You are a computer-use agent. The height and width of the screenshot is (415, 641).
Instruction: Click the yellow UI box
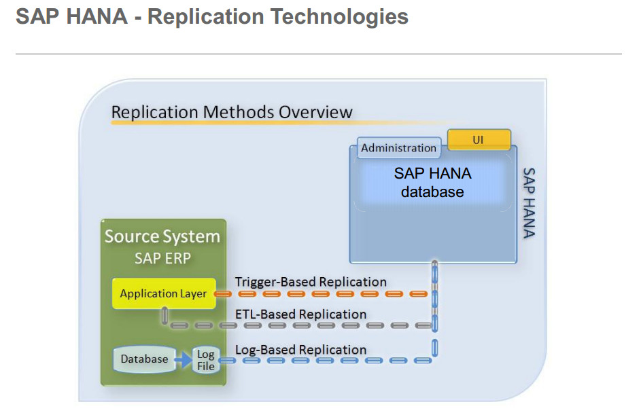tap(479, 140)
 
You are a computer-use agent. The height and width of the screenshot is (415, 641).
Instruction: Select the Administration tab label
tap(398, 148)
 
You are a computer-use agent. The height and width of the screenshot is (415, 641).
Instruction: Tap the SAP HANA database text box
tap(432, 183)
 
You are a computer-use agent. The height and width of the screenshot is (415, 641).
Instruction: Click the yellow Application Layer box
tap(163, 294)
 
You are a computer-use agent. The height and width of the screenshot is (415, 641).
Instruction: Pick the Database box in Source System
tap(144, 359)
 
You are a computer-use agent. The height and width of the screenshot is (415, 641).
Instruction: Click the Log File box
tap(205, 360)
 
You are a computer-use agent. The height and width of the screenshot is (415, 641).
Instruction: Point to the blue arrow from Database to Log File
tap(183, 359)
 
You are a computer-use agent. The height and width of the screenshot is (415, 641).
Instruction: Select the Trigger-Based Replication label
tap(311, 282)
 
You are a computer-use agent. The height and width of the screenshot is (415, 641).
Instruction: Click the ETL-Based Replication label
tap(300, 314)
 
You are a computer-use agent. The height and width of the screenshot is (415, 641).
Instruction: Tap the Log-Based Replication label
tap(300, 350)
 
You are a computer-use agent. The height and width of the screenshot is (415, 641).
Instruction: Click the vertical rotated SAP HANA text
tap(530, 203)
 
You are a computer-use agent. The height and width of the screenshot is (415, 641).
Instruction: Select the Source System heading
tap(162, 236)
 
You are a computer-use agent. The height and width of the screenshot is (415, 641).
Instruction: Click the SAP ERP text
tap(162, 258)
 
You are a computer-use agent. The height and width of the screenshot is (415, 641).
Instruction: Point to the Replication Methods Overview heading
tap(232, 112)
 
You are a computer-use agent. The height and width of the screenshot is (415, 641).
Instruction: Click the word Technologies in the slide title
tap(339, 16)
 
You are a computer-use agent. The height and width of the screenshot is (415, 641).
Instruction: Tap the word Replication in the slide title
tap(205, 16)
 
